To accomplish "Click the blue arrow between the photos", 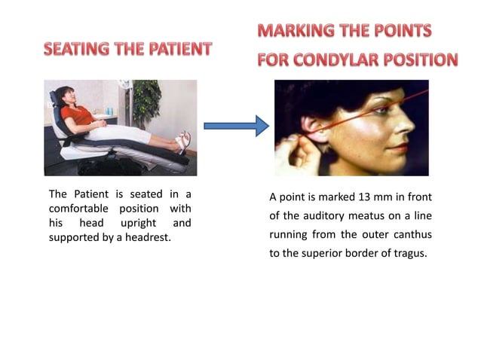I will pyautogui.click(x=236, y=125).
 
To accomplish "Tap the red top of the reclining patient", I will pyautogui.click(x=78, y=116).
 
